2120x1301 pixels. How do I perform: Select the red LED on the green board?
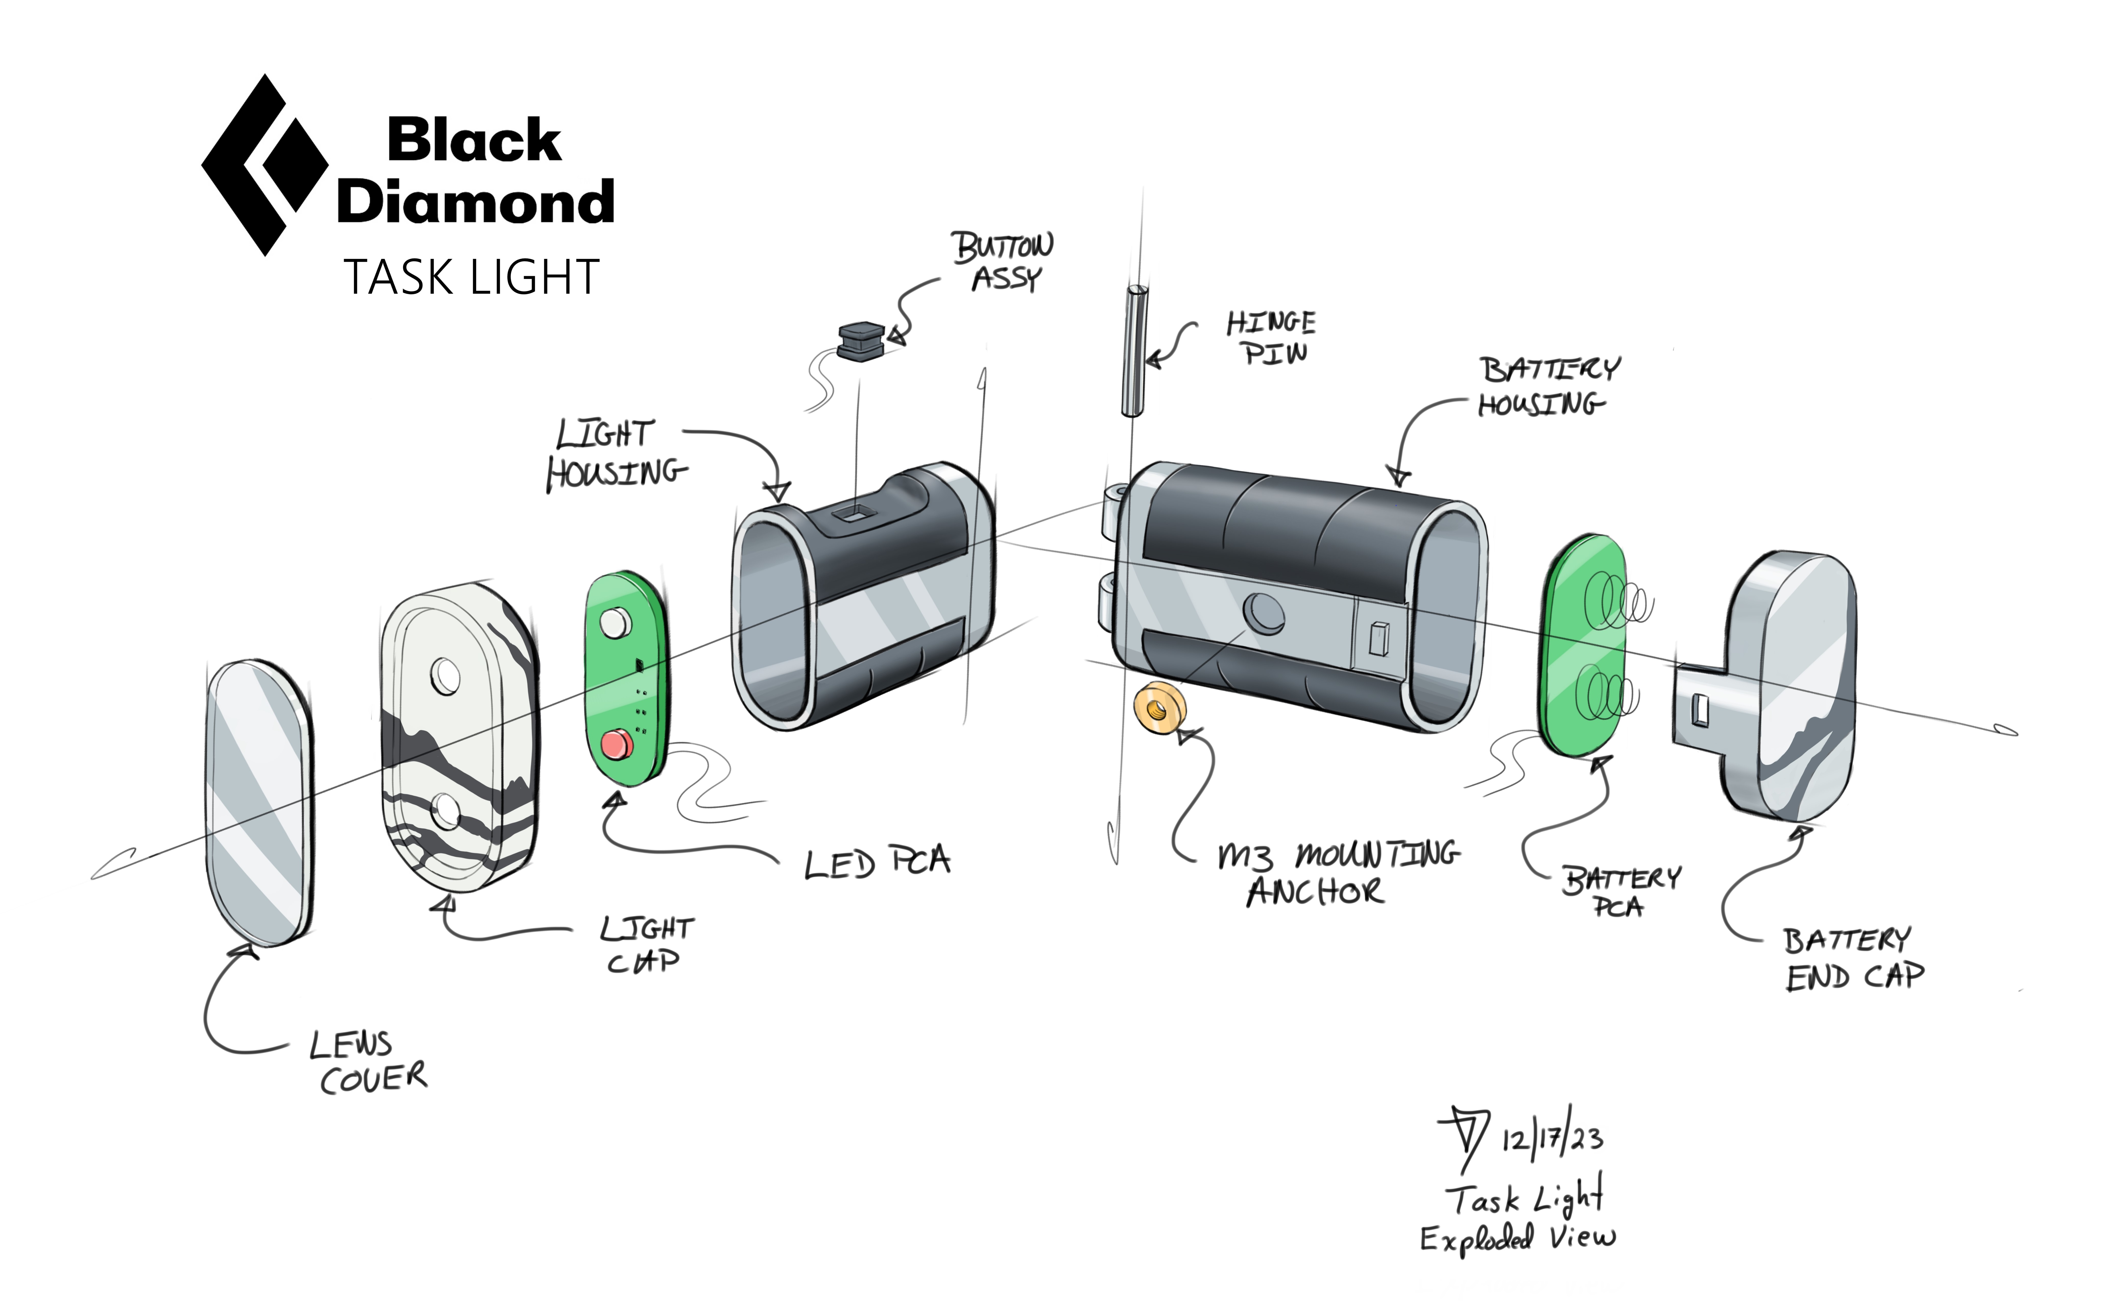coord(616,744)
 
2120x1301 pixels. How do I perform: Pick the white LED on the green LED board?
coord(615,621)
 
